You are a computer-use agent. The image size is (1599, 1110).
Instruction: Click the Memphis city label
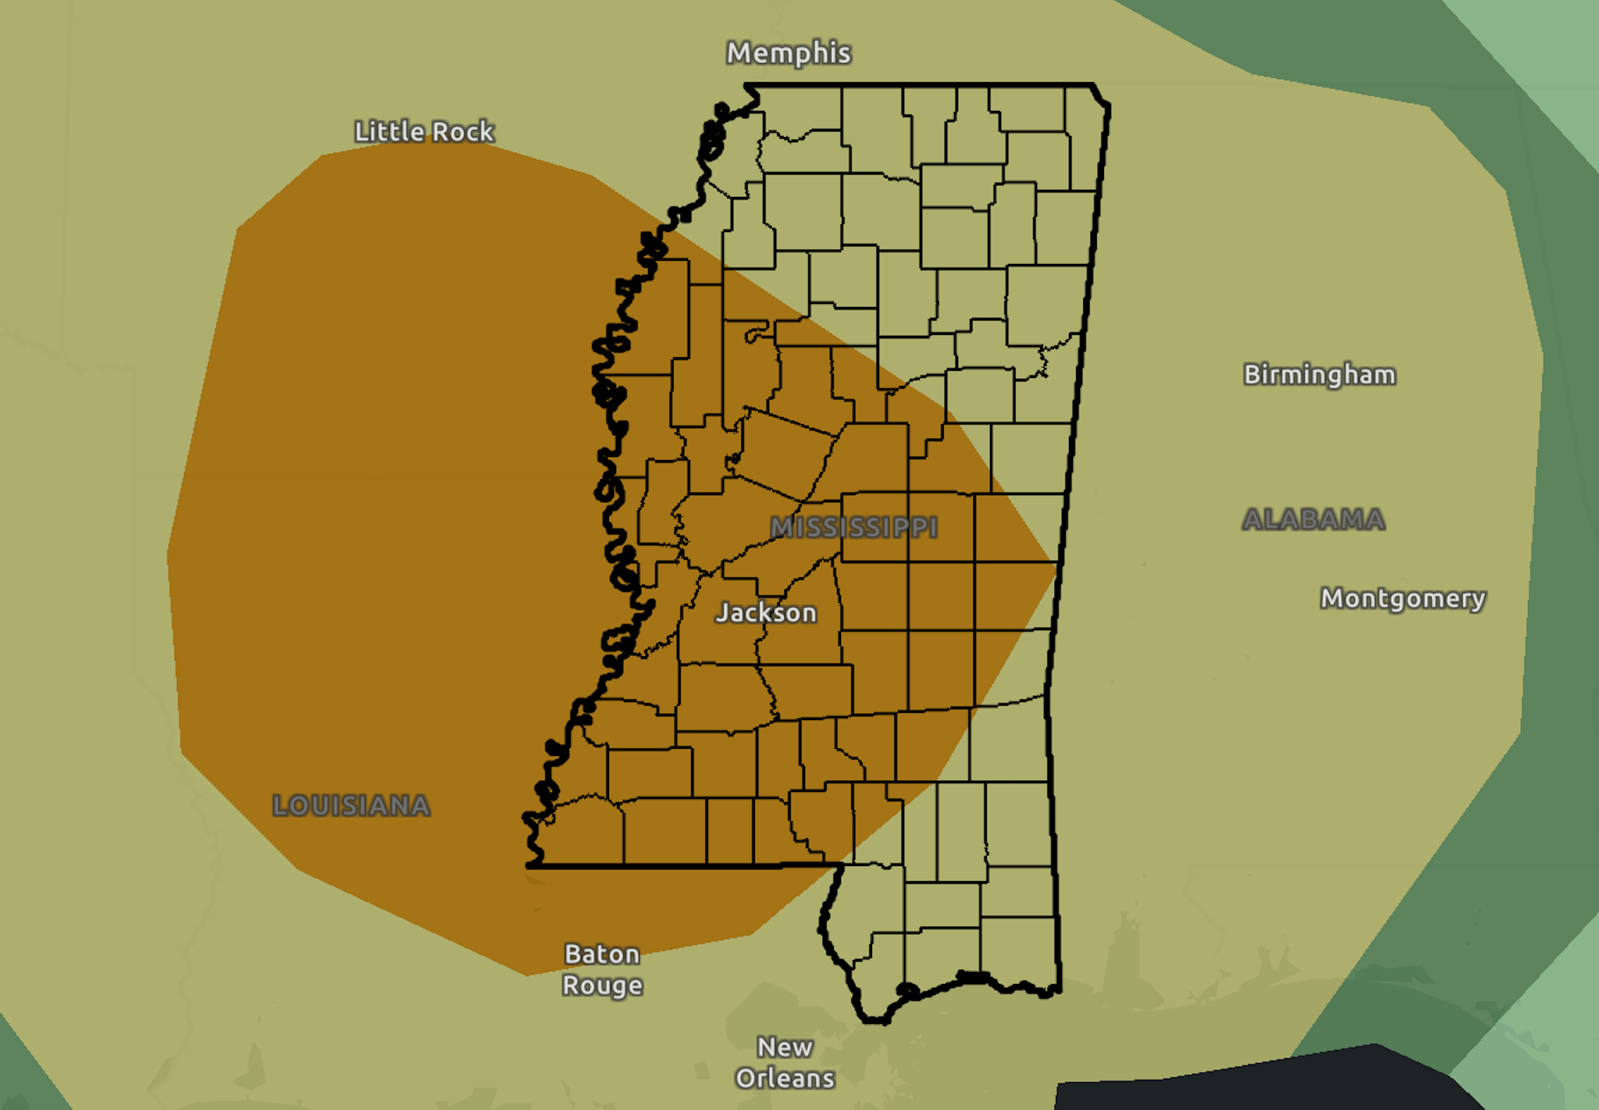click(x=788, y=53)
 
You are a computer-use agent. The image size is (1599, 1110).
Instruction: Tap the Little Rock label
click(x=424, y=132)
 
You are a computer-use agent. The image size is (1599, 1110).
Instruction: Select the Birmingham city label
click(x=1319, y=375)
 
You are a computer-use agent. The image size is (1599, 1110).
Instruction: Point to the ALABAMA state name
click(x=1313, y=520)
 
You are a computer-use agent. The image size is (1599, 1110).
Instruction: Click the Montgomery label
click(x=1403, y=598)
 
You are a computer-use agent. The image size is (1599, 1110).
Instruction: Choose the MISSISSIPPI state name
click(x=854, y=528)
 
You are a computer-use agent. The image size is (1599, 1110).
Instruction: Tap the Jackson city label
click(x=766, y=612)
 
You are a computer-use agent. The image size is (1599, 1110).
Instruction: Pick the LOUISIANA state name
click(x=351, y=805)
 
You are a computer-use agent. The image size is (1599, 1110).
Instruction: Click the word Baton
click(x=602, y=954)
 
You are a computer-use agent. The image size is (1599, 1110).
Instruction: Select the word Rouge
click(x=602, y=986)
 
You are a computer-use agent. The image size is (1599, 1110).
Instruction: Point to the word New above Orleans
click(x=784, y=1047)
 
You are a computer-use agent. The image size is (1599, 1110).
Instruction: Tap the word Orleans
click(x=784, y=1078)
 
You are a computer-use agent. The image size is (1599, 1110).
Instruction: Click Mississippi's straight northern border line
click(x=917, y=85)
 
